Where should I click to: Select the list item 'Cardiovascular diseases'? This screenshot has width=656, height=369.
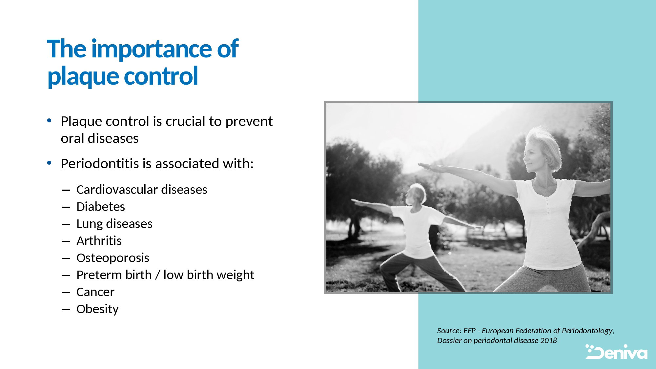[142, 190]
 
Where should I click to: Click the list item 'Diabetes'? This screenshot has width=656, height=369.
[101, 207]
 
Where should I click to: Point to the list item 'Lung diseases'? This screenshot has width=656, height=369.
[114, 224]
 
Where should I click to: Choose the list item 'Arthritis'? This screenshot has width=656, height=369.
[99, 241]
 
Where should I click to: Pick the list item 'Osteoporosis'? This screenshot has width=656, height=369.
[113, 258]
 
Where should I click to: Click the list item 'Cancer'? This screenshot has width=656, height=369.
[95, 292]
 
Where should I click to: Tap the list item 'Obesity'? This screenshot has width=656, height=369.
[97, 309]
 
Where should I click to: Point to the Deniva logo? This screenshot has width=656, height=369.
[616, 352]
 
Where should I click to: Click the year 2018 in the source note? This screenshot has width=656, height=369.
[549, 340]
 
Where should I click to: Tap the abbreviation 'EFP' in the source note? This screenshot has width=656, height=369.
[469, 331]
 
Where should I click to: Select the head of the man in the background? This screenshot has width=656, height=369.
[415, 195]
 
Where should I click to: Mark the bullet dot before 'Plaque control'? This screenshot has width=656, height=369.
[49, 121]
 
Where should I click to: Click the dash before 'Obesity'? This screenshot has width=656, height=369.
[66, 310]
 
